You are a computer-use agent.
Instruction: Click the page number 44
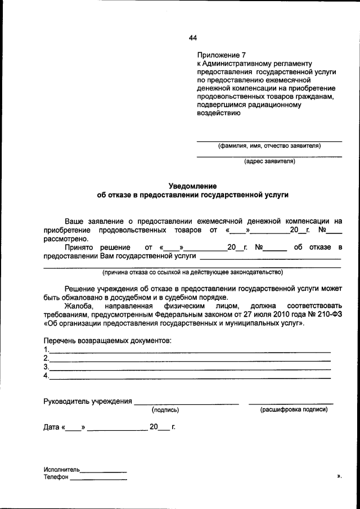click(x=193, y=38)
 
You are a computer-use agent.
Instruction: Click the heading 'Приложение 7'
click(x=222, y=55)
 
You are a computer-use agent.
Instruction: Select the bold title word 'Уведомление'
click(x=193, y=186)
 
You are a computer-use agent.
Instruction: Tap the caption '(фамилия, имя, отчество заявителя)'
click(x=269, y=145)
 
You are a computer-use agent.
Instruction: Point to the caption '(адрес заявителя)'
click(x=269, y=161)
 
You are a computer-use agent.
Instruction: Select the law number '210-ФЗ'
click(x=328, y=314)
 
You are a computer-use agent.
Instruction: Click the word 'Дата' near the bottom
click(x=52, y=427)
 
